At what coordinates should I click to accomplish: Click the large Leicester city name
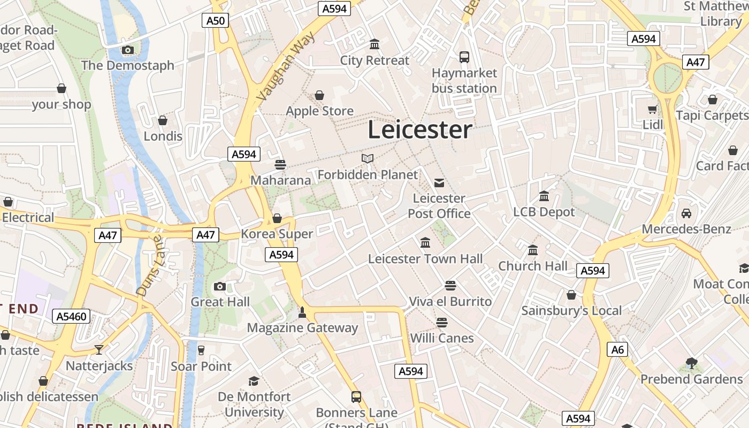click(x=420, y=130)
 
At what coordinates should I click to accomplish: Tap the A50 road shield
click(x=216, y=21)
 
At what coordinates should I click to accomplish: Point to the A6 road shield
click(x=617, y=350)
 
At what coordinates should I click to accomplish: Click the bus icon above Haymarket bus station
click(x=464, y=57)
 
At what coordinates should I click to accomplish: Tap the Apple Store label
click(x=319, y=111)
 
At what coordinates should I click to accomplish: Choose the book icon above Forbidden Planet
click(x=368, y=158)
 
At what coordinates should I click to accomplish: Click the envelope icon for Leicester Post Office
click(x=439, y=183)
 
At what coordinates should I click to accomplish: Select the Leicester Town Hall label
click(x=425, y=259)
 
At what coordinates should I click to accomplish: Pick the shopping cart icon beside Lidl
click(x=653, y=110)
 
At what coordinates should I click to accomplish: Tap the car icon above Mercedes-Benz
click(x=686, y=213)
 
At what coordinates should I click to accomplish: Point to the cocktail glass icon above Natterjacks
click(x=99, y=350)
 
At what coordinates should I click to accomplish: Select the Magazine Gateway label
click(x=302, y=328)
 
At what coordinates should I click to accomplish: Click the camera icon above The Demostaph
click(x=127, y=50)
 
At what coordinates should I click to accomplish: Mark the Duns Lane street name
click(x=149, y=266)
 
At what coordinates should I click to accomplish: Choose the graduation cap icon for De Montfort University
click(x=254, y=381)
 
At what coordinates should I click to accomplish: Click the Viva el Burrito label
click(x=450, y=302)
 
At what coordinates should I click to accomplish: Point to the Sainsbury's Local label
click(x=571, y=311)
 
